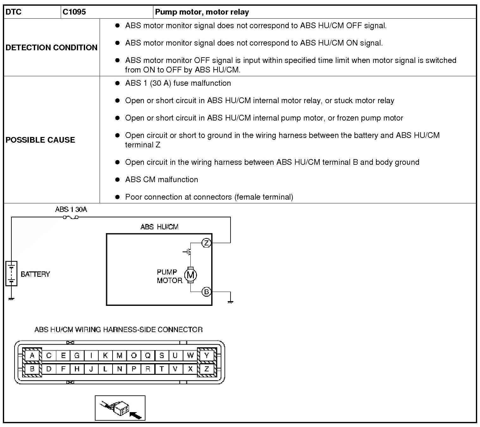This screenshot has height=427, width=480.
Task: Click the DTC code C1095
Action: [74, 12]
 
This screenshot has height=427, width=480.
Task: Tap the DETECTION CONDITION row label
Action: [52, 47]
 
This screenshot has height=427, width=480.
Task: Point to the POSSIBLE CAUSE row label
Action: [40, 140]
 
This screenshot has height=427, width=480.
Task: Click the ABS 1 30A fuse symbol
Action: [71, 217]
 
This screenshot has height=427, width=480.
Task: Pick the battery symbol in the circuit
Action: [11, 274]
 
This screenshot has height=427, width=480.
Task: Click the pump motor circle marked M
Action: [190, 275]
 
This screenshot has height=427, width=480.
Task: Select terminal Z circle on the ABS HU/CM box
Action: [206, 243]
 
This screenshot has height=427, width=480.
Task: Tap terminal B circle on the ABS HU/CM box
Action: [206, 292]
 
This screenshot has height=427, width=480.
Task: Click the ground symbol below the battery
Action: [11, 298]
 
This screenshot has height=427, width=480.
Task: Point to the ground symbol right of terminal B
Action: [231, 302]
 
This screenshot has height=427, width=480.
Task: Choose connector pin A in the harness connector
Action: [32, 356]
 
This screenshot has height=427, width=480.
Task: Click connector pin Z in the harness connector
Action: [207, 369]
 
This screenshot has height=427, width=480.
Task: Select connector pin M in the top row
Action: [119, 356]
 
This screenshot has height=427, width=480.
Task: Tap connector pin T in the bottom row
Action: [162, 369]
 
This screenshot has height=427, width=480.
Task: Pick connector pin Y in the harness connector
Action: [207, 356]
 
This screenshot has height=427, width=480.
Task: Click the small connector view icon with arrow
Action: [120, 408]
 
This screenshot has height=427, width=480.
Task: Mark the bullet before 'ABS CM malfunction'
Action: [118, 180]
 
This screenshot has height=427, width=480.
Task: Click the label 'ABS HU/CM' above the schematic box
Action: [159, 227]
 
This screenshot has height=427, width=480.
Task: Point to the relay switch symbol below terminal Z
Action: [188, 252]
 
